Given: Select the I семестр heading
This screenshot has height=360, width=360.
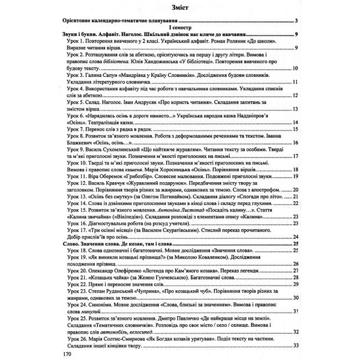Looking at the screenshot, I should (x=180, y=29).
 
